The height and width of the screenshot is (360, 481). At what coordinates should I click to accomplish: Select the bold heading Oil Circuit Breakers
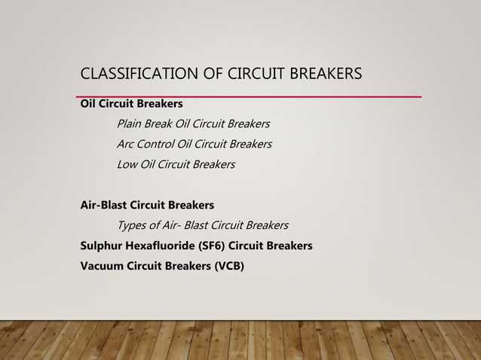point(131,103)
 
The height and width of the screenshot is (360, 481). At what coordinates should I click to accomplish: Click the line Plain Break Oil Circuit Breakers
point(193,124)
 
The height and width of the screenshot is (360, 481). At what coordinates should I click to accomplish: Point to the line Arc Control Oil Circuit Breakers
point(194,144)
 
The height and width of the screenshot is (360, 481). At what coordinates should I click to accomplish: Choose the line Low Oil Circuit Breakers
point(176,164)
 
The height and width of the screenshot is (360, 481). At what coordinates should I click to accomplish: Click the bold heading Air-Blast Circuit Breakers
point(147,205)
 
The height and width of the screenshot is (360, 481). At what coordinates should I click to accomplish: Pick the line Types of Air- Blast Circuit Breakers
point(202,225)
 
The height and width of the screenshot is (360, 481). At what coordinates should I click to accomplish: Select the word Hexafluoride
point(161,246)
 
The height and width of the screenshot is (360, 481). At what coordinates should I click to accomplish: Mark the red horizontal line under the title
point(249,96)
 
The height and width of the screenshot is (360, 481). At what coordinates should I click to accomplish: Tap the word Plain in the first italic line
point(130,124)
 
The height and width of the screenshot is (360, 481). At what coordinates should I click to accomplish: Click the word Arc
point(126,144)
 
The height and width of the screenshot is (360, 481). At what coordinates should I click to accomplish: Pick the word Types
point(133,225)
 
